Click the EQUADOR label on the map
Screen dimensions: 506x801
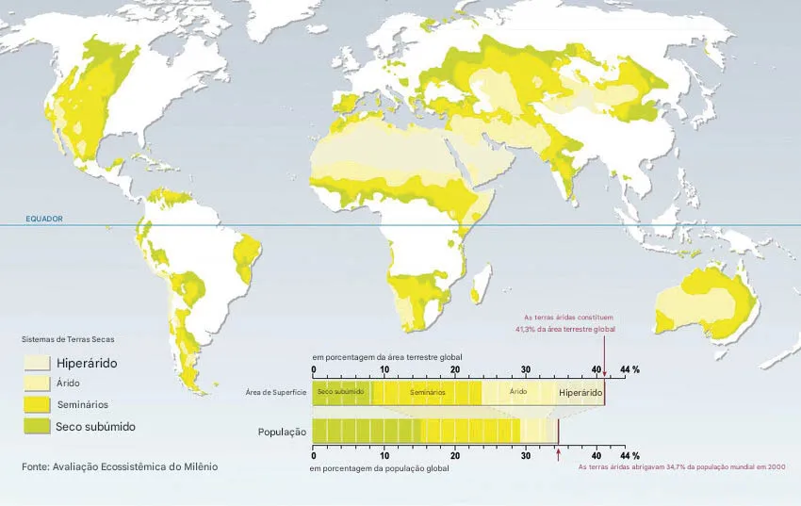[x=44, y=219]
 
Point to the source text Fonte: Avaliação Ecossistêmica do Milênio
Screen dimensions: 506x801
[x=120, y=466]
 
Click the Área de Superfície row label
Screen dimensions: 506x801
[x=275, y=392]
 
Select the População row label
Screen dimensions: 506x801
[x=283, y=432]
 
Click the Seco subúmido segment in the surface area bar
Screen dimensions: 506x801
[x=340, y=392]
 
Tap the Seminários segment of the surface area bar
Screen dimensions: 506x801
[x=427, y=392]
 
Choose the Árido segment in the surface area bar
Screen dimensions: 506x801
[x=517, y=392]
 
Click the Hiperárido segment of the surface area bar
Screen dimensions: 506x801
[x=580, y=392]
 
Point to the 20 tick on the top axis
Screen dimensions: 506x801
[x=455, y=369]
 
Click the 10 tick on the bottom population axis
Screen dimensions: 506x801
[x=384, y=454]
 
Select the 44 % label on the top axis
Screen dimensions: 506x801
[x=629, y=369]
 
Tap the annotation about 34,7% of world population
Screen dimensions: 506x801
[x=681, y=466]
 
